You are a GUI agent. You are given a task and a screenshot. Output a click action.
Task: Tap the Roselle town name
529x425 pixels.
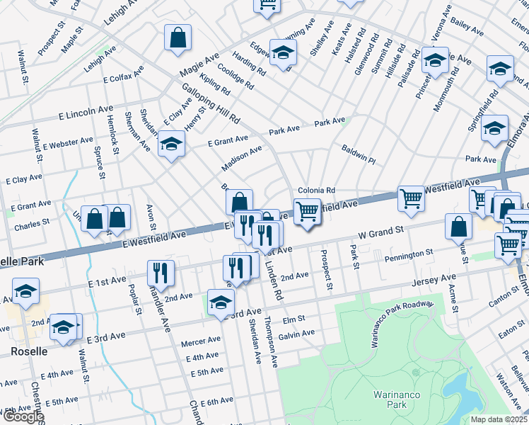pos(29,351)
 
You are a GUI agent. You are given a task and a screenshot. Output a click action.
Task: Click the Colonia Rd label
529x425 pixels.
pos(315,191)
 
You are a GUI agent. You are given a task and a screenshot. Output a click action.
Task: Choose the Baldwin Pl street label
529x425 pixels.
pos(359,156)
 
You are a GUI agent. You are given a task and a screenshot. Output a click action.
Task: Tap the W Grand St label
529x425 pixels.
pos(380,231)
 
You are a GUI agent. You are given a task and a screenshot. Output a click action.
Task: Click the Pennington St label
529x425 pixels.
pos(409,253)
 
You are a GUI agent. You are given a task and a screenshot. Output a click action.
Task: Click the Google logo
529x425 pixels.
pos(23,417)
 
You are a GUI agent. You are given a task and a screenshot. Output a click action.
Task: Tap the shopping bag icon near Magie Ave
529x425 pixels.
pos(178,37)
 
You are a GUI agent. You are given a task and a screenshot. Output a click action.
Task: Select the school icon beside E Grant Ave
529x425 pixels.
pos(170,144)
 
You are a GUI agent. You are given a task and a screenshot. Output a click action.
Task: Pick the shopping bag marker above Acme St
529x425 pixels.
pos(459,226)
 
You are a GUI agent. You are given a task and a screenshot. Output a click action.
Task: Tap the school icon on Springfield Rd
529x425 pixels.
pos(495,127)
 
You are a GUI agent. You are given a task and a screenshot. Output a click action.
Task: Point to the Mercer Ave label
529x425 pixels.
pos(196,343)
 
